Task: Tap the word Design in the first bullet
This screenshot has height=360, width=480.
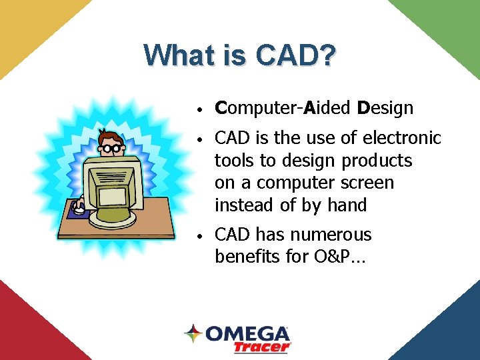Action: pos(385,108)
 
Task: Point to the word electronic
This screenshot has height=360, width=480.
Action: pos(402,138)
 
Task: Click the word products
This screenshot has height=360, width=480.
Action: pos(377,161)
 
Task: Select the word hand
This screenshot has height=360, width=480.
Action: pos(347,205)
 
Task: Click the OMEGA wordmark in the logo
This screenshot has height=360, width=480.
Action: pos(247,333)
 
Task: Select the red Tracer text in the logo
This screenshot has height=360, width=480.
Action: pos(262,347)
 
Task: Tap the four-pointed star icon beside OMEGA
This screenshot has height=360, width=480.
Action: pos(193,333)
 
